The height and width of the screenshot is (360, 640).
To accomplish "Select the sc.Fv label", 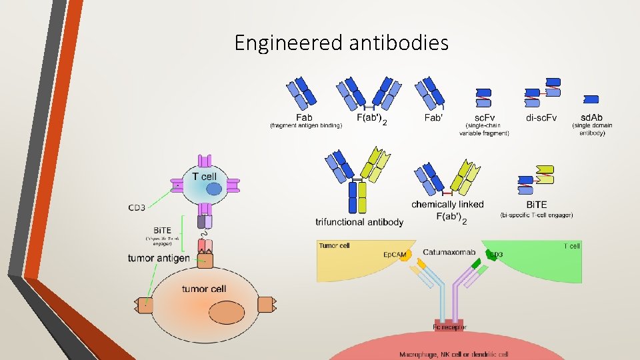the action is (x=485, y=118).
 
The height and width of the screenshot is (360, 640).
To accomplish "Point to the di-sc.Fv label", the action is (x=541, y=118).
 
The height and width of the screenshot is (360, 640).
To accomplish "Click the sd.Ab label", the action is (x=591, y=118).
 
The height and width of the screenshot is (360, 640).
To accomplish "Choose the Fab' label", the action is (x=434, y=118).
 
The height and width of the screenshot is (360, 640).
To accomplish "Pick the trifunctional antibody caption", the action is (x=359, y=221).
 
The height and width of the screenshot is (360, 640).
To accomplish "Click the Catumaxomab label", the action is (x=449, y=253).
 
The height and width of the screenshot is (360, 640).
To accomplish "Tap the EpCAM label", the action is (x=394, y=255).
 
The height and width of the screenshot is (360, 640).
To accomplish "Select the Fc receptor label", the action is (x=450, y=327).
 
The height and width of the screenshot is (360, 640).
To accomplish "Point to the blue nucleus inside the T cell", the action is (x=213, y=189).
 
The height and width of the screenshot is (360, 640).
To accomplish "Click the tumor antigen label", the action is (x=159, y=258).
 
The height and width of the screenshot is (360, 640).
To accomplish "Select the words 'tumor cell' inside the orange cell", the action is (x=204, y=289).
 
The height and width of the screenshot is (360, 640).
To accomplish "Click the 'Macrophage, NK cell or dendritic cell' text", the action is (x=453, y=354).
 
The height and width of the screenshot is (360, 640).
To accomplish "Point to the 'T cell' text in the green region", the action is (x=572, y=246).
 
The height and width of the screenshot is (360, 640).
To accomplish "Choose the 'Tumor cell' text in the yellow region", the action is (x=334, y=245).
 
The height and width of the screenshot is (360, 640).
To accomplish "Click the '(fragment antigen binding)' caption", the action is (x=305, y=125).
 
